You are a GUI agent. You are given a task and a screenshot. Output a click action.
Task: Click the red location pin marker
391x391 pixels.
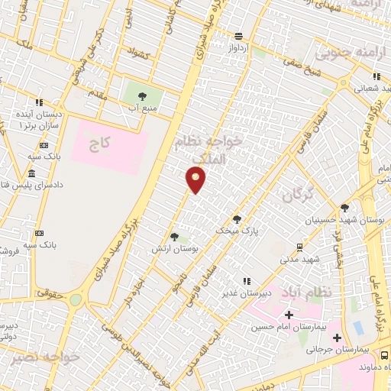point(196,180)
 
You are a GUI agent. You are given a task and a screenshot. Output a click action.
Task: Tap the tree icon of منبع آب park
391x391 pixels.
point(142,96)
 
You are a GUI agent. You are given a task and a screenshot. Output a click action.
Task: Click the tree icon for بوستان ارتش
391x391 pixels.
point(175,237)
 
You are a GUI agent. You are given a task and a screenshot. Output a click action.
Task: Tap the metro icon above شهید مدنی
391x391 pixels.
point(299,246)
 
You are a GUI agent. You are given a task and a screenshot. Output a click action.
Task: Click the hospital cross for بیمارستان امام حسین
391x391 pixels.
point(289,315)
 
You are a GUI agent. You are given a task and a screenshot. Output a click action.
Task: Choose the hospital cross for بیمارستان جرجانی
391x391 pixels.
point(337,337)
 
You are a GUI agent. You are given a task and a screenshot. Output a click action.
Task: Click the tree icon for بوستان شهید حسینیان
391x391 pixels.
point(344,207)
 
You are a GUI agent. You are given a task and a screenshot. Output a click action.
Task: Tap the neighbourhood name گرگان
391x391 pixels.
point(298,196)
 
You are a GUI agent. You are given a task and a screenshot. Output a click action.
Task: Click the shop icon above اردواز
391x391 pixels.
point(239,36)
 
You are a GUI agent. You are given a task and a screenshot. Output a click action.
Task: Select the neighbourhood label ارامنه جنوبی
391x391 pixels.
point(343,54)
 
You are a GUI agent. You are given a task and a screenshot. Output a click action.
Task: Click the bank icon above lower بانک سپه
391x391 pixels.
point(39,231)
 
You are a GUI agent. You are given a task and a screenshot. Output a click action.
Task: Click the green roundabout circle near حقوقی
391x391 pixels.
point(76,299)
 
